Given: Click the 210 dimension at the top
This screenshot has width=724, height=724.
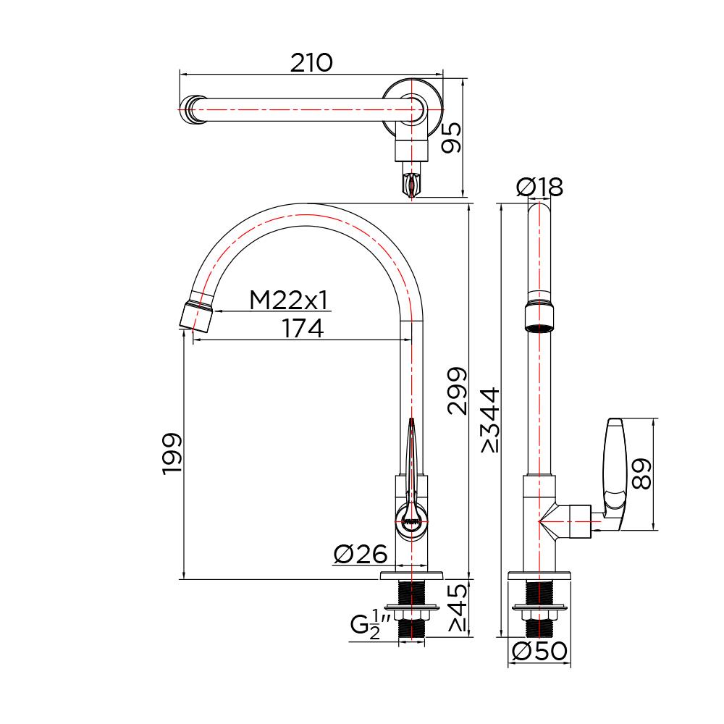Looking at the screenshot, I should pos(311,63).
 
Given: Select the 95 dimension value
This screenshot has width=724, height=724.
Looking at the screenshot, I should pos(451,137).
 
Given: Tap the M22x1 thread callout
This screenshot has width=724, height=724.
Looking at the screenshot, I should pos(290,300).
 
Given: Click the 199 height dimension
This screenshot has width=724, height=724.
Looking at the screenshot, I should pos(172,455).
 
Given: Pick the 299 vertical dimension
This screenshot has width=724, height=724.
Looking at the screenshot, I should pos(457,391).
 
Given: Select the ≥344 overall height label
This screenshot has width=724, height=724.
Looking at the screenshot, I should pos(489,420).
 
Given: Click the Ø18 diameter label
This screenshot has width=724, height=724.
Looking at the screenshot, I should pos(539,188).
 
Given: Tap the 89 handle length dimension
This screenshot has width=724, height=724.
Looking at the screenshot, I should pos(641,474).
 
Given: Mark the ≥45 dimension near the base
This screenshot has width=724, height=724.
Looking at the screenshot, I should pos(457,608).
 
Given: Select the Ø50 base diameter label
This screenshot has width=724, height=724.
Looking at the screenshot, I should pos(539,652).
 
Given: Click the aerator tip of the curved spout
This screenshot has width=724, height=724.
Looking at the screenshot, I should pos(196,315).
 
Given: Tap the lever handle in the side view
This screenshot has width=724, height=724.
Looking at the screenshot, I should pos(613,463).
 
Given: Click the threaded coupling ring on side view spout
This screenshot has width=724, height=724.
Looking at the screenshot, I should pos(539,316).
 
